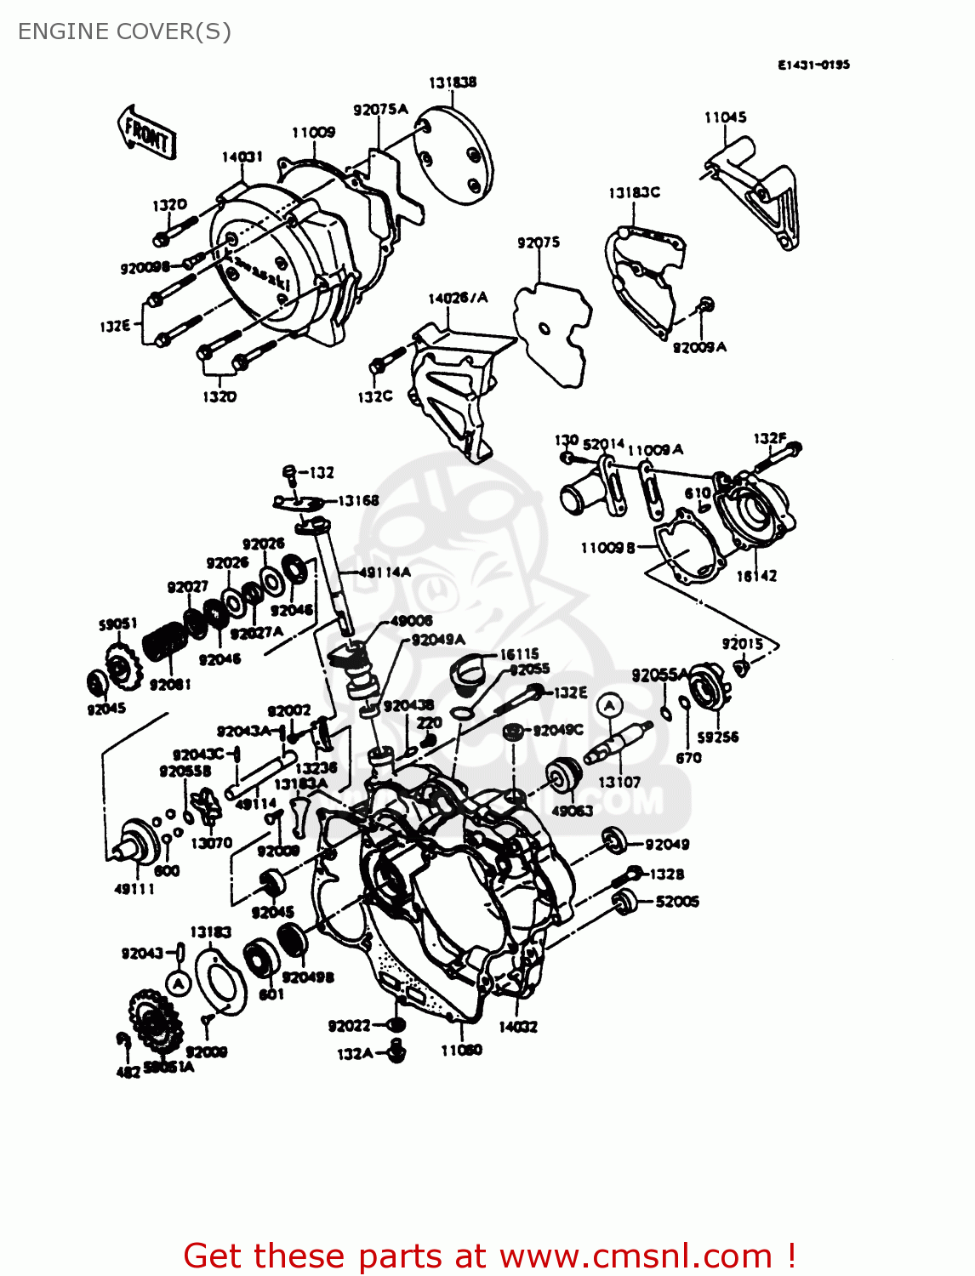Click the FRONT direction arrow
pos(146,132)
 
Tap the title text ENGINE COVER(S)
pos(124,31)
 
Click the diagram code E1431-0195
pos(812,65)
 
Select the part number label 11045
pos(725,117)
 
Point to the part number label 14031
pos(242,157)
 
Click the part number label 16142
pos(755,576)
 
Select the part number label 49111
pos(134,889)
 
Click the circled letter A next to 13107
pos(609,705)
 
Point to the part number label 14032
pos(517,1027)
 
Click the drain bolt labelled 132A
pos(396,1051)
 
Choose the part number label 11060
pos(461,1051)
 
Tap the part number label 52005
pos(677,902)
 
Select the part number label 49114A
pos(385,572)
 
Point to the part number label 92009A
pos(699,347)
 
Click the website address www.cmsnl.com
pos(636,1256)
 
